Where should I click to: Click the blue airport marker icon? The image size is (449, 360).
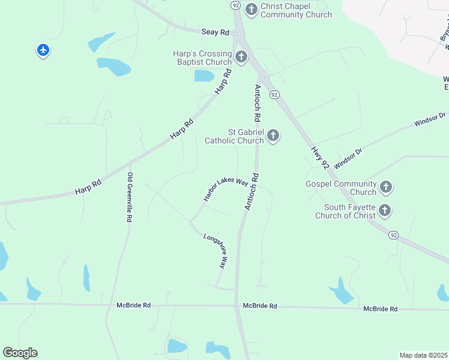click(x=43, y=50)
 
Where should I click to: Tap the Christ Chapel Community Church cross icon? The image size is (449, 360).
click(x=252, y=8)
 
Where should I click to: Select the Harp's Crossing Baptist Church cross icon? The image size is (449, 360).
click(x=241, y=57)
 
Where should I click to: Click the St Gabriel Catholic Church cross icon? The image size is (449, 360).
click(x=273, y=136)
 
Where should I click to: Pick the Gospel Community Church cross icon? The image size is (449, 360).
click(x=385, y=187)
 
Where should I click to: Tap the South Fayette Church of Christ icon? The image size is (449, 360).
click(x=385, y=210)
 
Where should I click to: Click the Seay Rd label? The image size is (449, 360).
click(x=216, y=32)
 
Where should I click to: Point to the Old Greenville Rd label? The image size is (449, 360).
click(x=129, y=197)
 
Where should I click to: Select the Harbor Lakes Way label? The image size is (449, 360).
click(x=225, y=189)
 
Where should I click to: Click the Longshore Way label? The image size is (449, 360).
click(x=214, y=250)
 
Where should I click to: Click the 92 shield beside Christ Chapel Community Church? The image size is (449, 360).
click(x=235, y=5)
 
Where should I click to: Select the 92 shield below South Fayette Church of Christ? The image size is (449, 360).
click(x=393, y=235)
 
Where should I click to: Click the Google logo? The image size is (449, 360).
click(x=20, y=353)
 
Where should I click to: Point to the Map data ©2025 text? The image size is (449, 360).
click(x=424, y=355)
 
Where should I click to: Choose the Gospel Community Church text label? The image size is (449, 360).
click(x=340, y=188)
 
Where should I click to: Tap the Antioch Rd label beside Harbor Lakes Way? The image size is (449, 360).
click(x=251, y=191)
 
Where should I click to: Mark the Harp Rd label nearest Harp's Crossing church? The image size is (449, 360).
click(x=223, y=81)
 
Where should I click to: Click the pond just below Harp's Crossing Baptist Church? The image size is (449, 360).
click(x=204, y=76)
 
